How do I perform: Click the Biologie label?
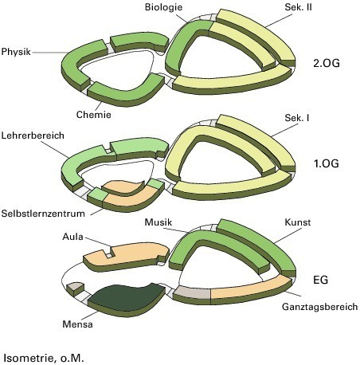[163, 7]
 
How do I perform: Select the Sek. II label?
[298, 7]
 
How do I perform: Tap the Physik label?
[16, 52]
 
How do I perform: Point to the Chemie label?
[94, 115]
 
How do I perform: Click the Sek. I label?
[297, 118]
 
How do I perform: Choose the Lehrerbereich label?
[33, 135]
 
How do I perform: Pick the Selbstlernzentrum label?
[43, 214]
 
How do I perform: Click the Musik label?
[158, 222]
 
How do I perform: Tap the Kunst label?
[297, 222]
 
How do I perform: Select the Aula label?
[72, 237]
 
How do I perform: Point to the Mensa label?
[77, 324]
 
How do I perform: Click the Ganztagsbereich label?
[319, 307]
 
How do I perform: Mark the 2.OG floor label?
[327, 63]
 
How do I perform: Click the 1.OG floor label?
[327, 163]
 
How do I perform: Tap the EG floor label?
[321, 280]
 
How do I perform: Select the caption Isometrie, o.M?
[44, 358]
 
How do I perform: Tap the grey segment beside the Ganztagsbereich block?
[193, 293]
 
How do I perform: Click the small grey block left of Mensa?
[75, 288]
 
